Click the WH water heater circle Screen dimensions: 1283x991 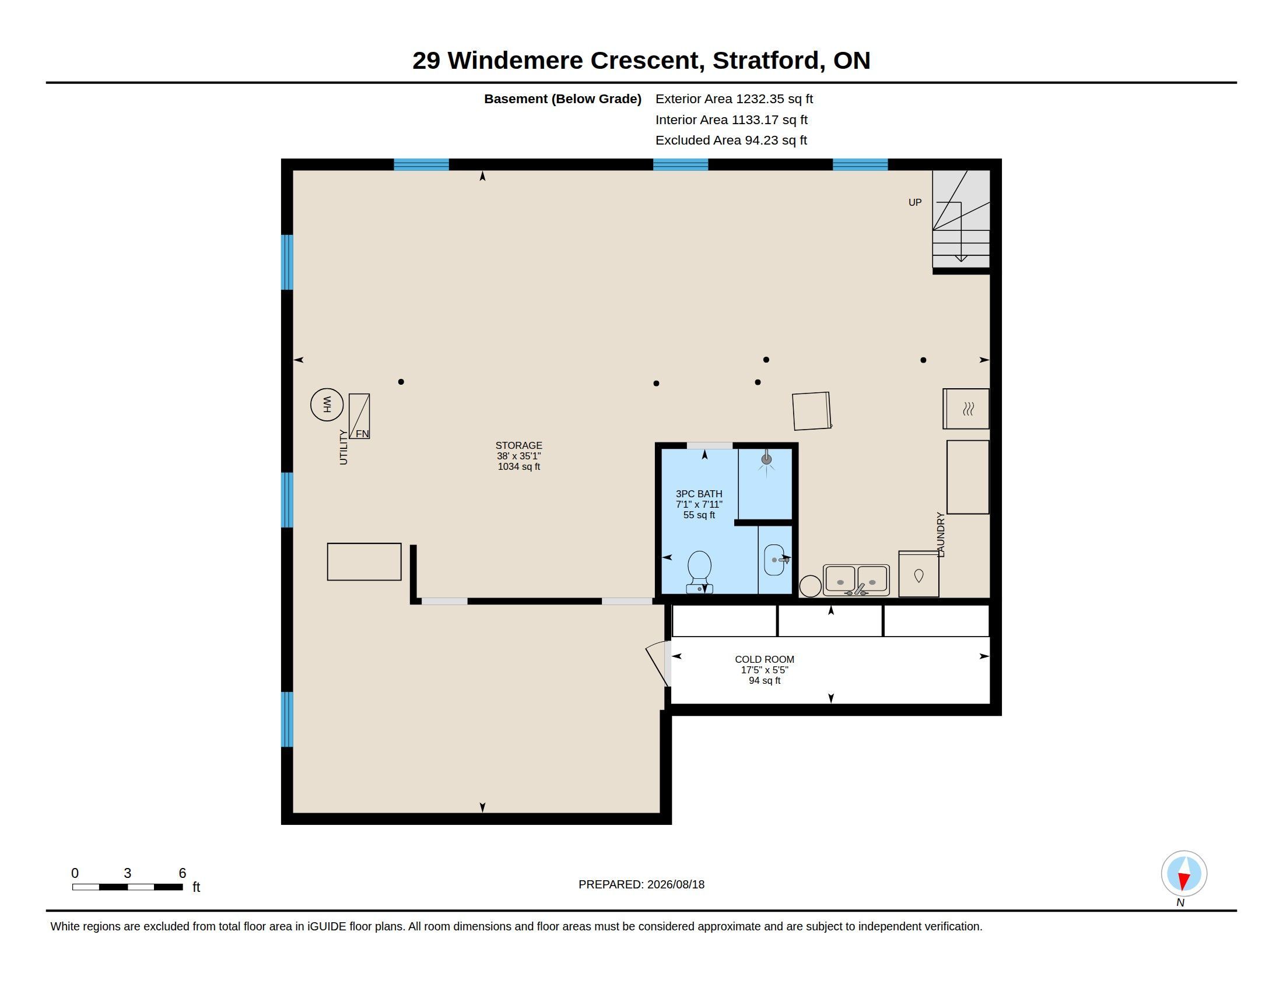pos(327,405)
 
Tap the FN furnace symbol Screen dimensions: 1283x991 pos(359,416)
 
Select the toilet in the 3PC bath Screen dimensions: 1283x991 pos(699,572)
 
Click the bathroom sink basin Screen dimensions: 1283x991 pos(774,560)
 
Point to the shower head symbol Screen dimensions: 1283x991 pos(766,460)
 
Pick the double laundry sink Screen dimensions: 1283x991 pos(856,580)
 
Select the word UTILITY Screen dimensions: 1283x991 pos(343,447)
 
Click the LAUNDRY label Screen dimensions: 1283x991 pos(941,535)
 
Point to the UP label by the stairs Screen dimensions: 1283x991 pos(914,202)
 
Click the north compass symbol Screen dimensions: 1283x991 pos(1184,874)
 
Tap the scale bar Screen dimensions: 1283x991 pos(128,887)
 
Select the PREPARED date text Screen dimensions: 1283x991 pos(641,885)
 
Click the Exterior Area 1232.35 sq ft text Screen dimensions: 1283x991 pos(734,99)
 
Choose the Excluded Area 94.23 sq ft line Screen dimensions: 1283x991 pos(731,140)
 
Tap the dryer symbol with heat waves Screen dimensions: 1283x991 pos(966,409)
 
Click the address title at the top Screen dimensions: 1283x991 pos(641,61)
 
